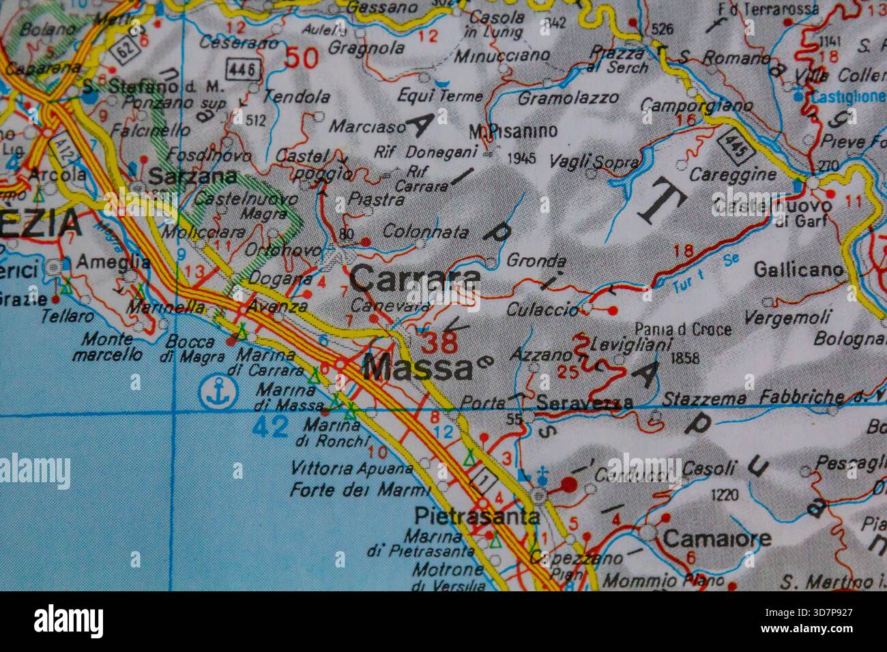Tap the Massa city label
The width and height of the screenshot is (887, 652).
tap(418, 369)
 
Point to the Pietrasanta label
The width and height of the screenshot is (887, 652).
tap(477, 516)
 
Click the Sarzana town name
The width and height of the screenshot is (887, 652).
tap(193, 177)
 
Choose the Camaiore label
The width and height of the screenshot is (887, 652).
tap(717, 538)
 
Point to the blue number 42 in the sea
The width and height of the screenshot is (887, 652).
tap(270, 427)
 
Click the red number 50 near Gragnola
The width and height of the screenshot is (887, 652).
tap(301, 57)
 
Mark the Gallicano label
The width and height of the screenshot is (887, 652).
tap(798, 270)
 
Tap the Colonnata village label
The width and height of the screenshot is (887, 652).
tap(425, 232)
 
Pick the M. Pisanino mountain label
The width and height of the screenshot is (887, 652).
tap(512, 131)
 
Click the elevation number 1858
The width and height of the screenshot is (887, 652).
tap(686, 357)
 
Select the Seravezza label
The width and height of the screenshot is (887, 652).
tap(584, 403)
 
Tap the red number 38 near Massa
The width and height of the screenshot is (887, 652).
tap(440, 342)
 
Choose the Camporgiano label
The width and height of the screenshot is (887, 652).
tap(697, 106)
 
